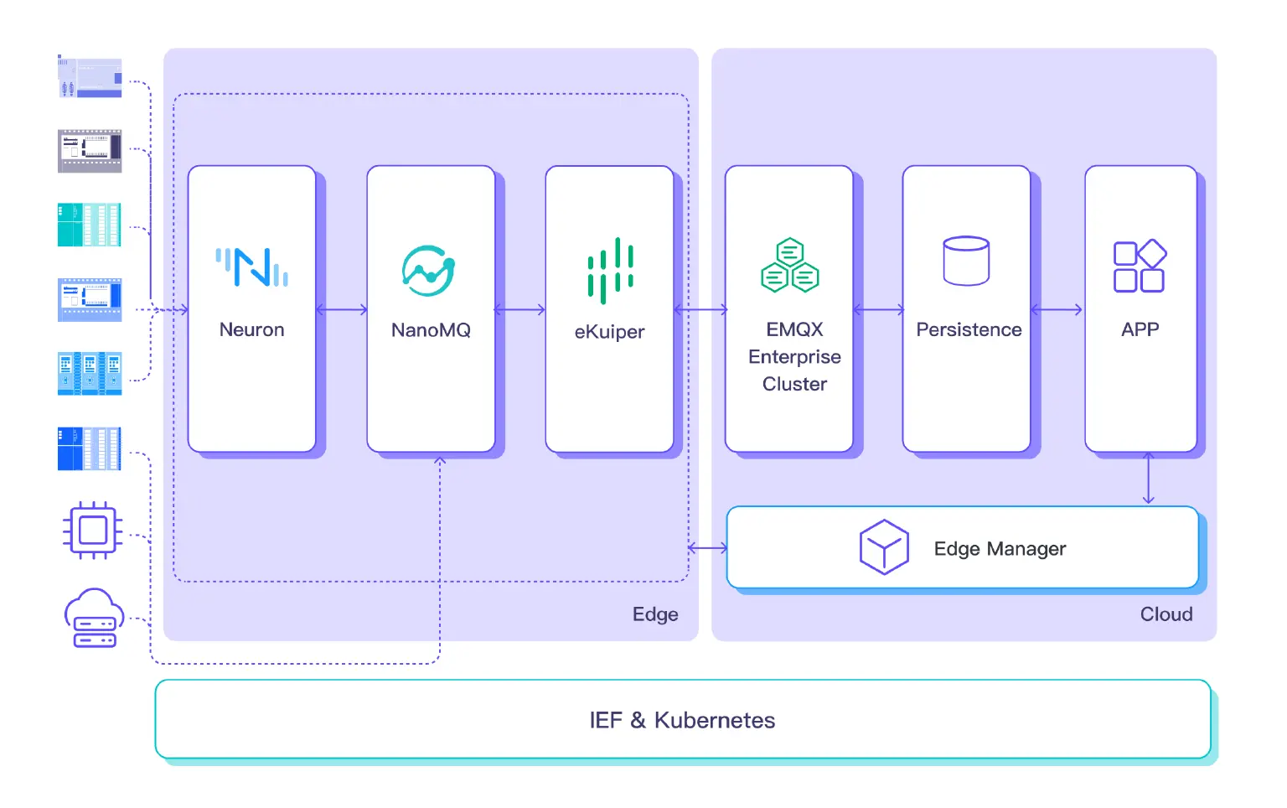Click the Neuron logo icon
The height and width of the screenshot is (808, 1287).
click(x=251, y=267)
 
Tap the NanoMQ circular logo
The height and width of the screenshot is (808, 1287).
click(x=428, y=270)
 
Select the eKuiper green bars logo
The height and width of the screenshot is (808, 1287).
click(x=610, y=270)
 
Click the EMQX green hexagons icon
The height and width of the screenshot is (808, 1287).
click(x=789, y=266)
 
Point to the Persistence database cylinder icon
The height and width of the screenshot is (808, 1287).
click(x=966, y=261)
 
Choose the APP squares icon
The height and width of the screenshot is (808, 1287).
click(x=1140, y=266)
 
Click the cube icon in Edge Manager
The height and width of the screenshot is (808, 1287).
click(x=884, y=547)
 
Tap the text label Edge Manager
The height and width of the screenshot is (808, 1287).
click(x=1000, y=549)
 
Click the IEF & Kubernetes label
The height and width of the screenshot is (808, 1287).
click(x=682, y=720)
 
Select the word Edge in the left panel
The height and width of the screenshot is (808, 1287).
click(x=655, y=614)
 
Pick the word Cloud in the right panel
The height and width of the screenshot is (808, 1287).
click(x=1166, y=614)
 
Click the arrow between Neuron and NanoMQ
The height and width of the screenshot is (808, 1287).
click(x=342, y=310)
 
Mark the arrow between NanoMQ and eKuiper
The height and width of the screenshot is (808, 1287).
click(x=520, y=310)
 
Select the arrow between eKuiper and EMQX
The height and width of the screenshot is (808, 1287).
click(x=700, y=310)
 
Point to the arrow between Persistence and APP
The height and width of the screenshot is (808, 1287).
click(x=1057, y=310)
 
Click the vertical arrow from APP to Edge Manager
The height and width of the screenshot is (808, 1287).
click(x=1148, y=479)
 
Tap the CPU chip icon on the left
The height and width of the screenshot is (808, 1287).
click(x=92, y=531)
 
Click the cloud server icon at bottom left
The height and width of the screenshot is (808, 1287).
click(x=94, y=618)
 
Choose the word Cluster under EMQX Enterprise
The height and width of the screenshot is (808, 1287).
click(x=794, y=384)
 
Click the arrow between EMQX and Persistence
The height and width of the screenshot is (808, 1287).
click(x=878, y=310)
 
